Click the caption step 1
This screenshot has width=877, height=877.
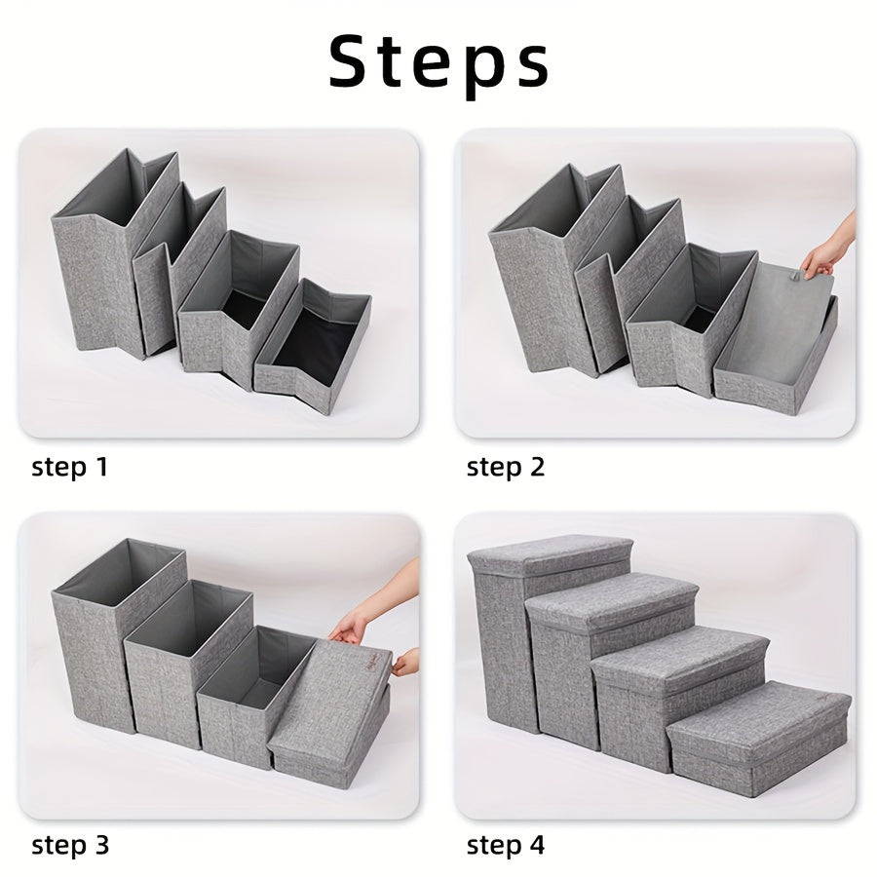tap(70, 467)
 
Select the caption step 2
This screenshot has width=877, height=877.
tap(506, 467)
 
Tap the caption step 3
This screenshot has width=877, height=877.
tap(70, 844)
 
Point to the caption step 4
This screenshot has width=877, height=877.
tap(506, 844)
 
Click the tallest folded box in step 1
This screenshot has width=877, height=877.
tap(97, 263)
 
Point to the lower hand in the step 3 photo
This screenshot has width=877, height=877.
tap(405, 664)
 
